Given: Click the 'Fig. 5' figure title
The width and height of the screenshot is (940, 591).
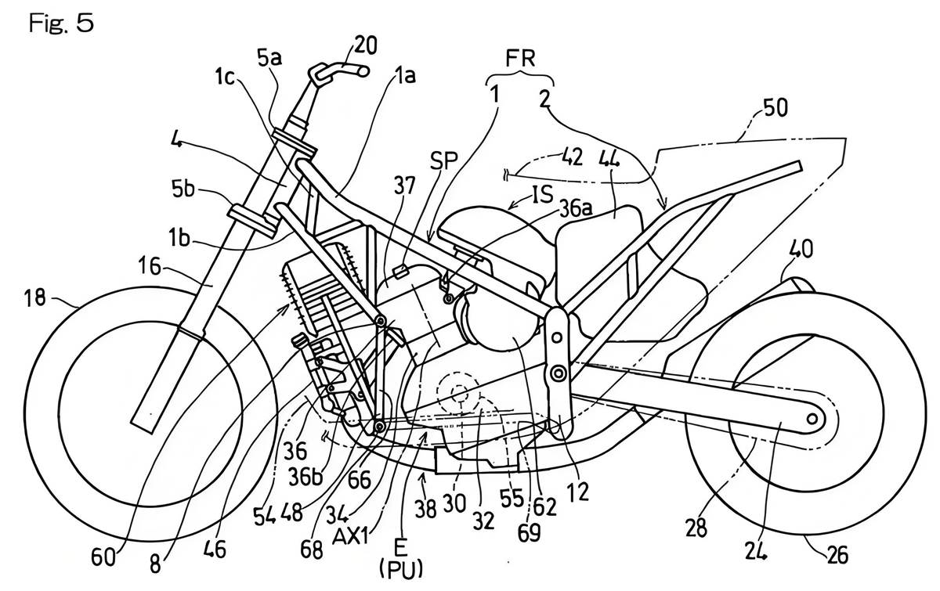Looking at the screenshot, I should coord(61,23).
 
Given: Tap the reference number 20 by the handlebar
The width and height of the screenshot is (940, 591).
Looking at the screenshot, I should coord(366,45).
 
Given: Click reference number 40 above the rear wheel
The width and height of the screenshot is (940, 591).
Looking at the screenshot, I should coord(801,250).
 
